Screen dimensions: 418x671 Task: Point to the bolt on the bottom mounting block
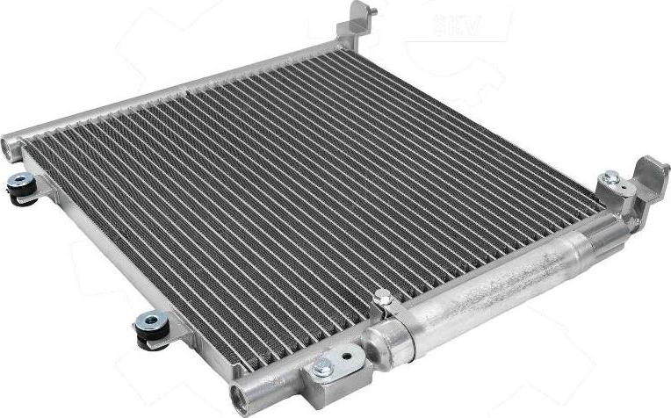(x=323, y=368)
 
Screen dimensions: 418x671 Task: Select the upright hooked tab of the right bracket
(x=652, y=172)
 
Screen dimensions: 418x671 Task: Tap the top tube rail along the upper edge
(x=176, y=92)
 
